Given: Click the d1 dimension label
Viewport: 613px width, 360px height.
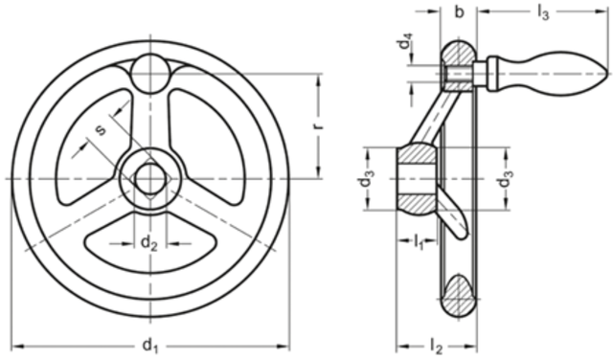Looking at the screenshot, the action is coord(150,346).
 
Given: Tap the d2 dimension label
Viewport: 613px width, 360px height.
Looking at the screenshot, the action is coord(149,243).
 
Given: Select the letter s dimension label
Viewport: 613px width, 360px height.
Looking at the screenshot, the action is coord(101,129).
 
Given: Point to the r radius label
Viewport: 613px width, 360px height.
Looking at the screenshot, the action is coord(319,125).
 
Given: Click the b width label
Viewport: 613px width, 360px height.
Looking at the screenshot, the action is coord(460,12).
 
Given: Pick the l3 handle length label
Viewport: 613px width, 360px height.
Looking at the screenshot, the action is coord(543,12).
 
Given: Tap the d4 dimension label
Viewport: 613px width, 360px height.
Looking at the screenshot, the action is coord(405,41).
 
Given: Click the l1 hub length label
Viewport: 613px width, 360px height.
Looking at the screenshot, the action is coord(419,242).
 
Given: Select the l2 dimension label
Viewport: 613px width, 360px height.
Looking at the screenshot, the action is coord(436,346).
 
